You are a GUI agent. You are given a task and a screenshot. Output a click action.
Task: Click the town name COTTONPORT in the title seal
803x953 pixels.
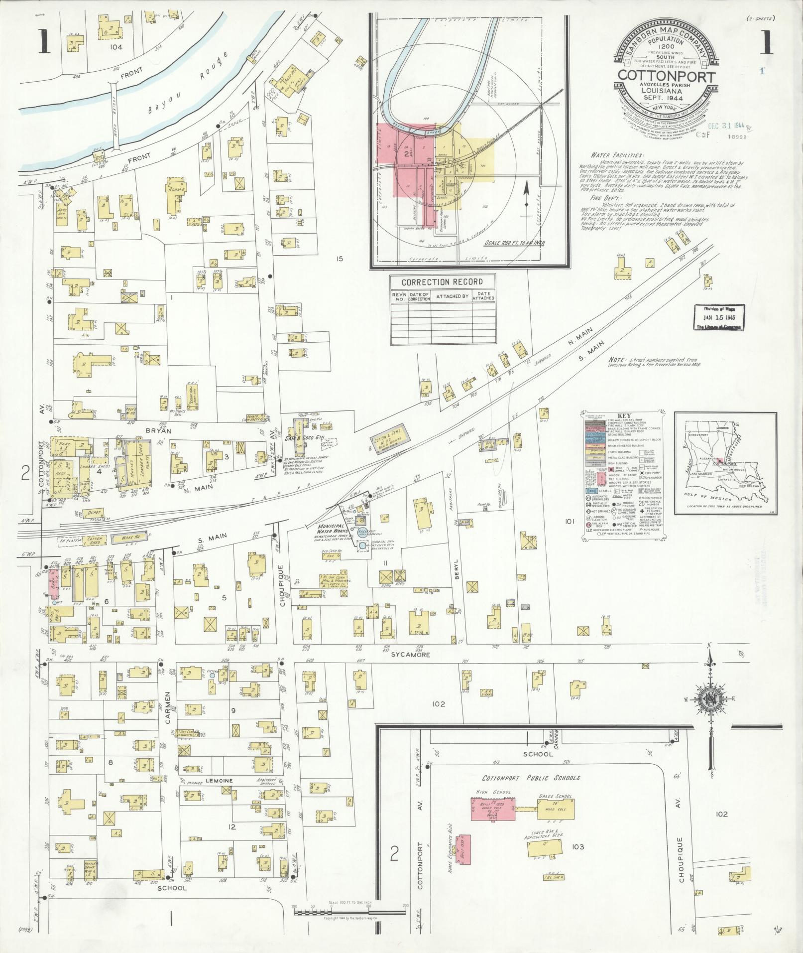[x=667, y=76]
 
